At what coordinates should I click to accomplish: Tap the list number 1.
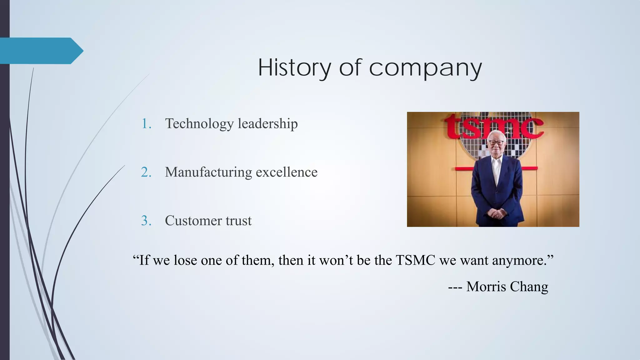(x=146, y=124)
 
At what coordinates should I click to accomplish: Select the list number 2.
(x=146, y=172)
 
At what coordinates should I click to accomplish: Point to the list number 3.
(x=146, y=221)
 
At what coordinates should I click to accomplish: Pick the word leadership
(x=267, y=124)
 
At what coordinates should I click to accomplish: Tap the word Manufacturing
(x=208, y=172)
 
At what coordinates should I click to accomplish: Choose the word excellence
(x=287, y=172)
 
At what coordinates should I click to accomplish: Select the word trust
(x=239, y=221)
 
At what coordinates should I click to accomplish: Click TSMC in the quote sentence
(x=415, y=260)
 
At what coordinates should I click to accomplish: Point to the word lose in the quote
(x=185, y=260)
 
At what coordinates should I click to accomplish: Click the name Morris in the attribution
(x=484, y=287)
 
